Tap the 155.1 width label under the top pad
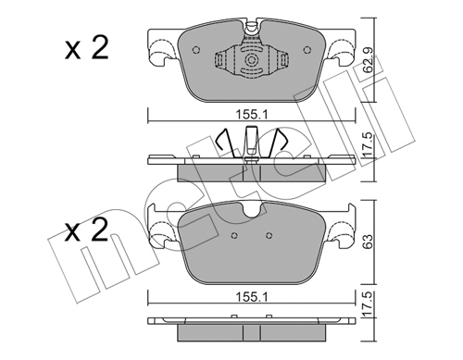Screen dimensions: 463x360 click(x=252, y=115)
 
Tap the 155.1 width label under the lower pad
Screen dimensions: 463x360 click(x=252, y=297)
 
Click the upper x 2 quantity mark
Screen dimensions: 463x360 click(x=86, y=48)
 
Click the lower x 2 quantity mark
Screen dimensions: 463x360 click(x=86, y=230)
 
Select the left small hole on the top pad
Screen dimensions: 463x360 click(x=196, y=50)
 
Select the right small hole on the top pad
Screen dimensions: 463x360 click(x=307, y=50)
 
